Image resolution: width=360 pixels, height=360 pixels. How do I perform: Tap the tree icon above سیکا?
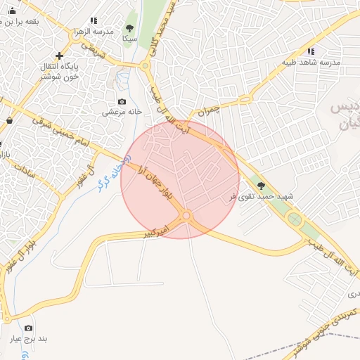129,29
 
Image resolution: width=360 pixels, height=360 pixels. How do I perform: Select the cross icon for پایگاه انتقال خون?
59,56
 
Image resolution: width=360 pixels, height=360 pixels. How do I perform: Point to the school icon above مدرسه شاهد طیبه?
311,51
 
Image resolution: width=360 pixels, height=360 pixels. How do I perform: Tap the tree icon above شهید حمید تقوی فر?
262,186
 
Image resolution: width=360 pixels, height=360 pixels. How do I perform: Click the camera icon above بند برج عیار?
29,328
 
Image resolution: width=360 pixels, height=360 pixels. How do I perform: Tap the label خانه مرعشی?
122,112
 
